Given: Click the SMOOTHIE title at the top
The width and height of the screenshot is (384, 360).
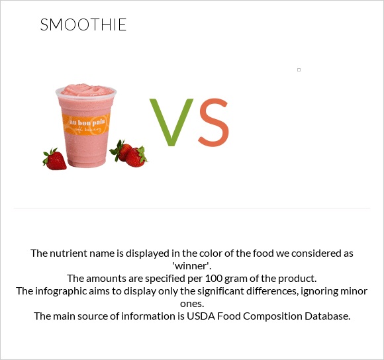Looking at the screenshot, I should [x=83, y=26].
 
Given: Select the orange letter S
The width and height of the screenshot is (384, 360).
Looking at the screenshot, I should [x=213, y=123].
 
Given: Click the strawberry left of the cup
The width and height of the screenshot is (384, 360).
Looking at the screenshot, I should [x=55, y=159].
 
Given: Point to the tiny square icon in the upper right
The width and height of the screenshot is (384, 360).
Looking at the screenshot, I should [x=299, y=69].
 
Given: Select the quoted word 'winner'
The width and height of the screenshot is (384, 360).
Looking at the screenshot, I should [x=191, y=265].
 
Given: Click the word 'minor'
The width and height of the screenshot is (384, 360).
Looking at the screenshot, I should [x=355, y=291].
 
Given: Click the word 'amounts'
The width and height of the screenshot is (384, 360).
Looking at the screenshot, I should [x=107, y=278].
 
